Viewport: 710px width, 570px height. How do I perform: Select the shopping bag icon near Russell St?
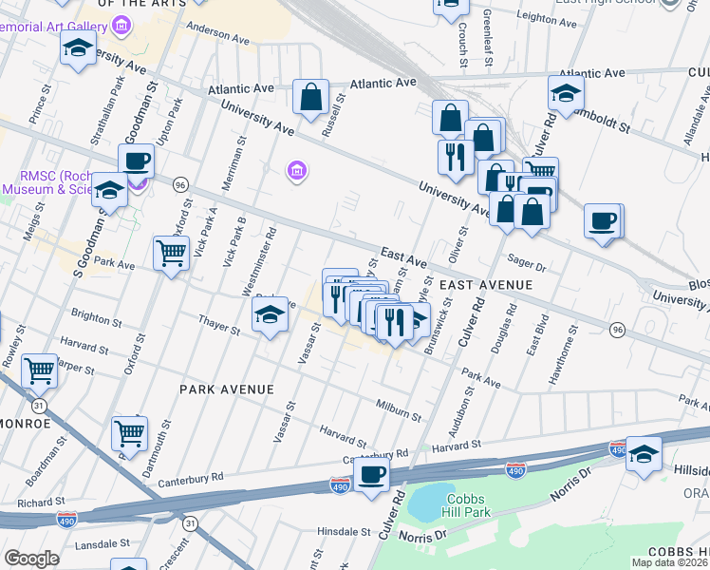point(310,97)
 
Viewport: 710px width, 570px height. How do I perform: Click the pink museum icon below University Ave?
point(296,171)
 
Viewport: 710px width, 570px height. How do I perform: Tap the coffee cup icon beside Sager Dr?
point(603,222)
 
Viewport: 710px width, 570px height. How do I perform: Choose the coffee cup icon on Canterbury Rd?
point(372,474)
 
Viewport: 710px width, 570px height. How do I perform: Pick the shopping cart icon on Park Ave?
point(171,254)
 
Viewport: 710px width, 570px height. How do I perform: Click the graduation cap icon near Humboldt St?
point(566,94)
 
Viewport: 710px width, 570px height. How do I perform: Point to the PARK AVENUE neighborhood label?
point(226,389)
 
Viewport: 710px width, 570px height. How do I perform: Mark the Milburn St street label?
point(398,409)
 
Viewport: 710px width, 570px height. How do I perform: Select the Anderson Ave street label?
point(216,33)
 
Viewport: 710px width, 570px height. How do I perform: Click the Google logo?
point(31,559)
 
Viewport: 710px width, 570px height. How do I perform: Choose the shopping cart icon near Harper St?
point(39,370)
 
